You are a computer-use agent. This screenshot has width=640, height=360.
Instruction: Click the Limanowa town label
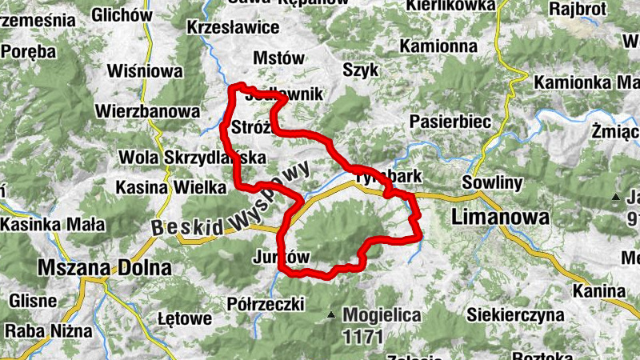pyautogui.click(x=501, y=217)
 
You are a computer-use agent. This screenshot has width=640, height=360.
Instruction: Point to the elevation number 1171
pyautogui.click(x=362, y=336)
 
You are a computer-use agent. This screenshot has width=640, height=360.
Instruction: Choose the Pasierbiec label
pyautogui.click(x=448, y=122)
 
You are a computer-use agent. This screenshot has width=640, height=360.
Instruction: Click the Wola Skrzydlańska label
pyautogui.click(x=190, y=158)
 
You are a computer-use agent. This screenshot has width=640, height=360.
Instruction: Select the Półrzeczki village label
pyautogui.click(x=266, y=304)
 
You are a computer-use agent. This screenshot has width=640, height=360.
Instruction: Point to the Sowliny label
pyautogui.click(x=496, y=183)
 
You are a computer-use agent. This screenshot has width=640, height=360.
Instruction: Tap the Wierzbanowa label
pyautogui.click(x=146, y=110)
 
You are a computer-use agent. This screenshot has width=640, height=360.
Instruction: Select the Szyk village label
pyautogui.click(x=360, y=70)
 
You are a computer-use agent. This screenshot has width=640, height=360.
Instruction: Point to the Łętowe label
pyautogui.click(x=186, y=319)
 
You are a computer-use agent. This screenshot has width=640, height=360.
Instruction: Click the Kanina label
pyautogui.click(x=599, y=290)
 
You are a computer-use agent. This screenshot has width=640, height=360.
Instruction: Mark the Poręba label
pyautogui.click(x=29, y=51)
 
